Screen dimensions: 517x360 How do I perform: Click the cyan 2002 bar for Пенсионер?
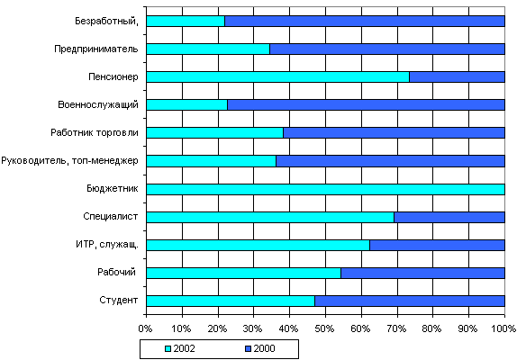277,76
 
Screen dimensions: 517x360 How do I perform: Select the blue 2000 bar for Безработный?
365,21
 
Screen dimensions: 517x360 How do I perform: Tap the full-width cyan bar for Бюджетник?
325,189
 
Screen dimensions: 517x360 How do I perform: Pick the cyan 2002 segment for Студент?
231,301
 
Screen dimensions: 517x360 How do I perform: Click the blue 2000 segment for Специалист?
449,218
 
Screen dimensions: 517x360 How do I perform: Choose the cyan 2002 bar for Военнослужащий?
187,104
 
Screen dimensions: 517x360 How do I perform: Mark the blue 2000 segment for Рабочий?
422,273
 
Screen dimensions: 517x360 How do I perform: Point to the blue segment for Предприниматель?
387,49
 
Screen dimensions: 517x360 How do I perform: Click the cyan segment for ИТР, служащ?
258,245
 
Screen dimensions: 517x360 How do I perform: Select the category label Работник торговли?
95,132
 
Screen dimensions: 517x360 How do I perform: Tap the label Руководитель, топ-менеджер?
69,161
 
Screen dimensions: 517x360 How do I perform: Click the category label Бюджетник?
113,188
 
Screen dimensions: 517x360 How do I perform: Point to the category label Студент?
119,301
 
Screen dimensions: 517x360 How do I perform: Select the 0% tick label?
145,328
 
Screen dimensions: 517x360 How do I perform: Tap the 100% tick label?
504,328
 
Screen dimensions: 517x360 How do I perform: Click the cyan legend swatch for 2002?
168,349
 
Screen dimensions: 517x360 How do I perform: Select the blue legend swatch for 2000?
248,349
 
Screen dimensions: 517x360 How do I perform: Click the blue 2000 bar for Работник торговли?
394,132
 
